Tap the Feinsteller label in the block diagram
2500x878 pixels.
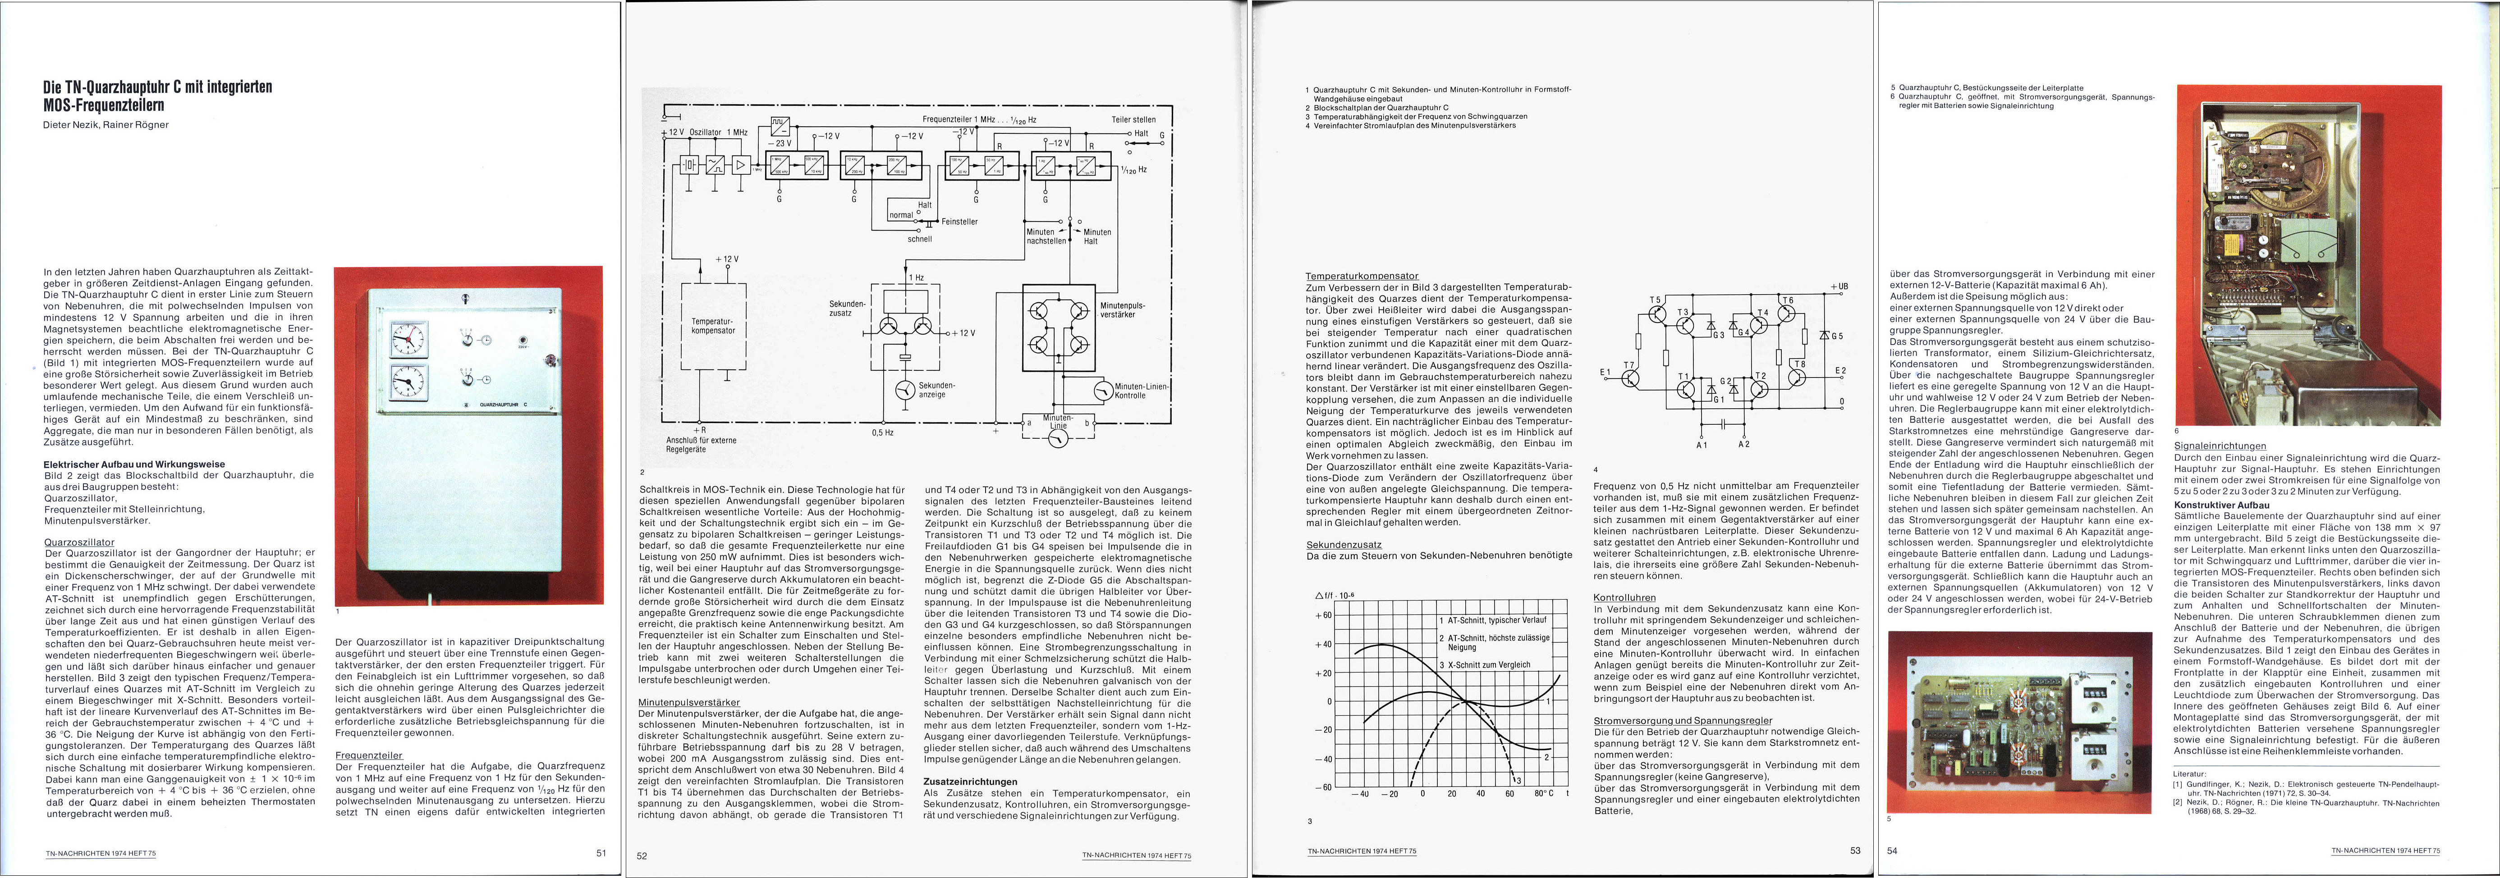coord(959,221)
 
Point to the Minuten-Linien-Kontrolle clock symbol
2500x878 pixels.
coord(1102,391)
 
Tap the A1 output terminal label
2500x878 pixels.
coord(1701,444)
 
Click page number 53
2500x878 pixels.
coord(1855,851)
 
